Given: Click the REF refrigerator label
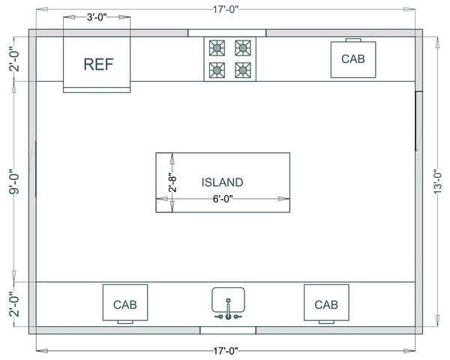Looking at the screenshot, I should (97, 64).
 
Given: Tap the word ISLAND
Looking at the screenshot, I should (222, 182).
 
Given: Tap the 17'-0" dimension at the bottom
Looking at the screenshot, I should (224, 350).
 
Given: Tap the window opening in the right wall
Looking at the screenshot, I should (418, 121).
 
